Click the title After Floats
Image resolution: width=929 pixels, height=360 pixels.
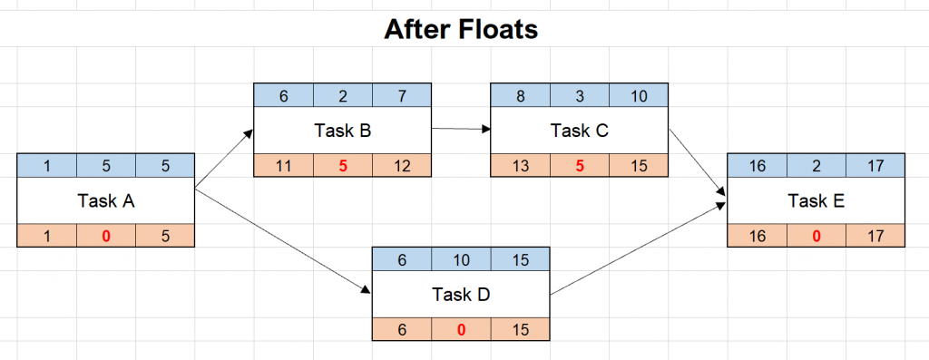(461, 29)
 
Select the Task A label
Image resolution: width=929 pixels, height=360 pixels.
(105, 201)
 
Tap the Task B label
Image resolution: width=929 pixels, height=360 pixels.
(342, 131)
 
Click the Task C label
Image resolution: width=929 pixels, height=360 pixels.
(579, 131)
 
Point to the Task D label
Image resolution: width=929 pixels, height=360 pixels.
(461, 295)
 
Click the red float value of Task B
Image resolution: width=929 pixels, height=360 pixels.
(343, 165)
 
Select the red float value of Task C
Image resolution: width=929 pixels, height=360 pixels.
(580, 165)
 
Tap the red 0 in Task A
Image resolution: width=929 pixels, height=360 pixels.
(105, 236)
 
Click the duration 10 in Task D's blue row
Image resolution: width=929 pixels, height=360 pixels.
(461, 260)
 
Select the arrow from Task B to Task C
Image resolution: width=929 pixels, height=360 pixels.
(460, 129)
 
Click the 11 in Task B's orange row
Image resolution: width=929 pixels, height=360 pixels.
(283, 165)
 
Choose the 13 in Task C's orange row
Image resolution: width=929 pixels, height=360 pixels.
(520, 165)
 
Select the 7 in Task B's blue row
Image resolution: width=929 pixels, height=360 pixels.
(401, 95)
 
